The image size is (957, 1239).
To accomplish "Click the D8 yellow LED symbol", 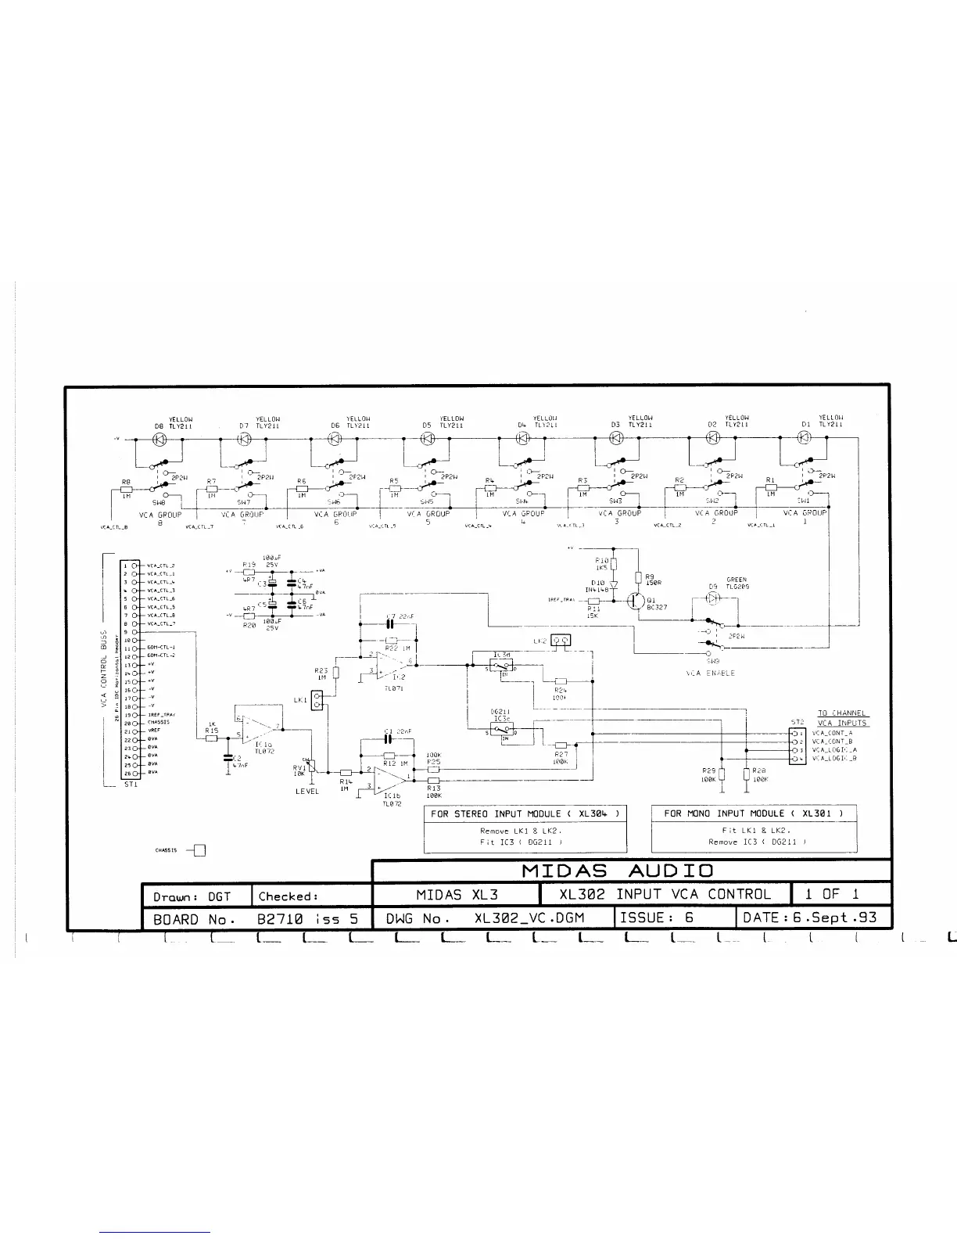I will pos(159,439).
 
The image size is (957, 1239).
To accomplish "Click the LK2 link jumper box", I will pos(561,641).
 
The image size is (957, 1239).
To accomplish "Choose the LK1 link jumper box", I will pos(317,700).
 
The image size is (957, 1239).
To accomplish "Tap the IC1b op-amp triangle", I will pos(389,780).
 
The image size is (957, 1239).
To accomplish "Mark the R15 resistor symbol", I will pos(211,738).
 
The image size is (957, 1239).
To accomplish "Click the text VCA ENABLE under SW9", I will pos(710,673).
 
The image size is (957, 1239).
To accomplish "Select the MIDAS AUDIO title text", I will pos(617,871).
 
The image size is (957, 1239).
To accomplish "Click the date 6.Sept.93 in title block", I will pos(810,918).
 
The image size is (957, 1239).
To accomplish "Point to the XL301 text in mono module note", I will pos(816,813).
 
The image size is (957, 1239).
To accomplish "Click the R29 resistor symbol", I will pos(722,774).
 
